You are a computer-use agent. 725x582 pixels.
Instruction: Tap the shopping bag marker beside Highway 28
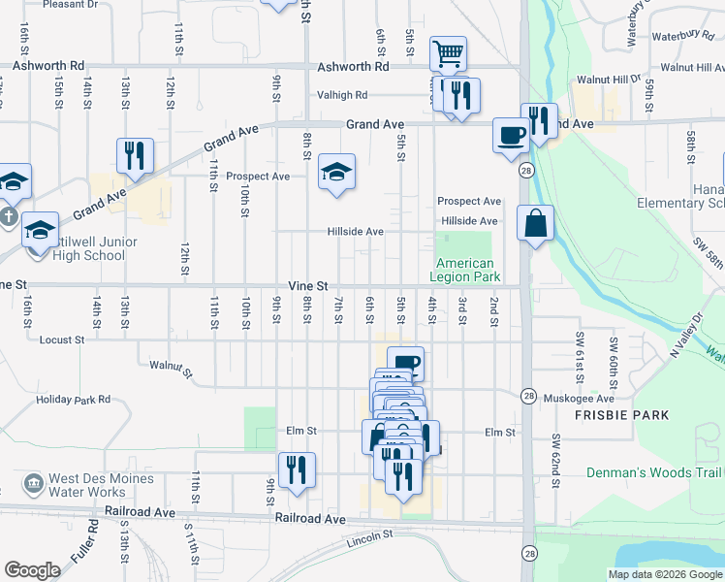535,224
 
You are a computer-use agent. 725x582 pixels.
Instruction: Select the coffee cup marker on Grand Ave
511,134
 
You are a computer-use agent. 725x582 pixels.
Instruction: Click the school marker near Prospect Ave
336,172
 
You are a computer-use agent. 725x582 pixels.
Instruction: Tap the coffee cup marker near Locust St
406,364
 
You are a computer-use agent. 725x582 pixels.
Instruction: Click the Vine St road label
309,286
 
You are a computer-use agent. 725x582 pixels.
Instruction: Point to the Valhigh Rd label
342,96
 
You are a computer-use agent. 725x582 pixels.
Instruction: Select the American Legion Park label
464,270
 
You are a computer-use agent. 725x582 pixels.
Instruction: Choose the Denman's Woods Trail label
654,472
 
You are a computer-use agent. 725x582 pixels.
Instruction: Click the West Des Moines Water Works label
101,486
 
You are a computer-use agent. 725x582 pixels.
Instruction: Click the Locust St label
62,340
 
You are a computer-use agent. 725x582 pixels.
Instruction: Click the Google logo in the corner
32,570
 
